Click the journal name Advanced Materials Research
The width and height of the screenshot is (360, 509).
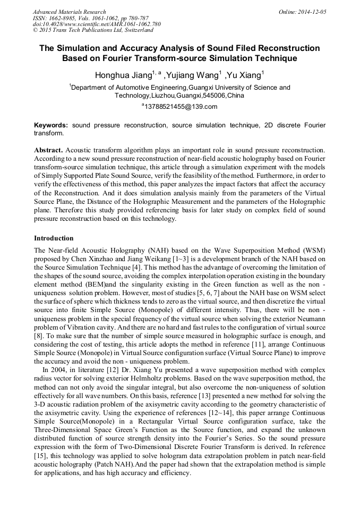pyautogui.click(x=69, y=12)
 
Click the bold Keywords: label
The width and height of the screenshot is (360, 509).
pyautogui.click(x=51, y=125)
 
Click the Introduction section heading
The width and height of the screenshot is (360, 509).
pyautogui.click(x=54, y=238)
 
